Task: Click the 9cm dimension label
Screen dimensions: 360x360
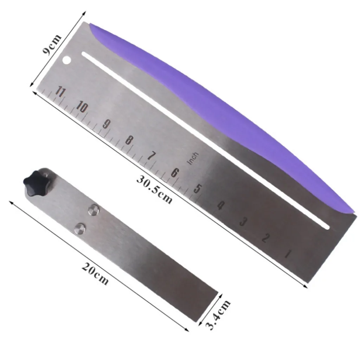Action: pyautogui.click(x=52, y=44)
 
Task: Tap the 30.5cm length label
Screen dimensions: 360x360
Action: pyautogui.click(x=154, y=189)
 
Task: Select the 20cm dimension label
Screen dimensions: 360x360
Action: pyautogui.click(x=95, y=274)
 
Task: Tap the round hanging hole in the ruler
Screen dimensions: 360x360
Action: pyautogui.click(x=66, y=60)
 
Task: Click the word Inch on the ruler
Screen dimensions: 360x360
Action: pyautogui.click(x=193, y=158)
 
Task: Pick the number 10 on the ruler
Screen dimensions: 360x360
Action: pyautogui.click(x=82, y=107)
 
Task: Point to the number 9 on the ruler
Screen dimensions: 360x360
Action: pyautogui.click(x=106, y=124)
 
